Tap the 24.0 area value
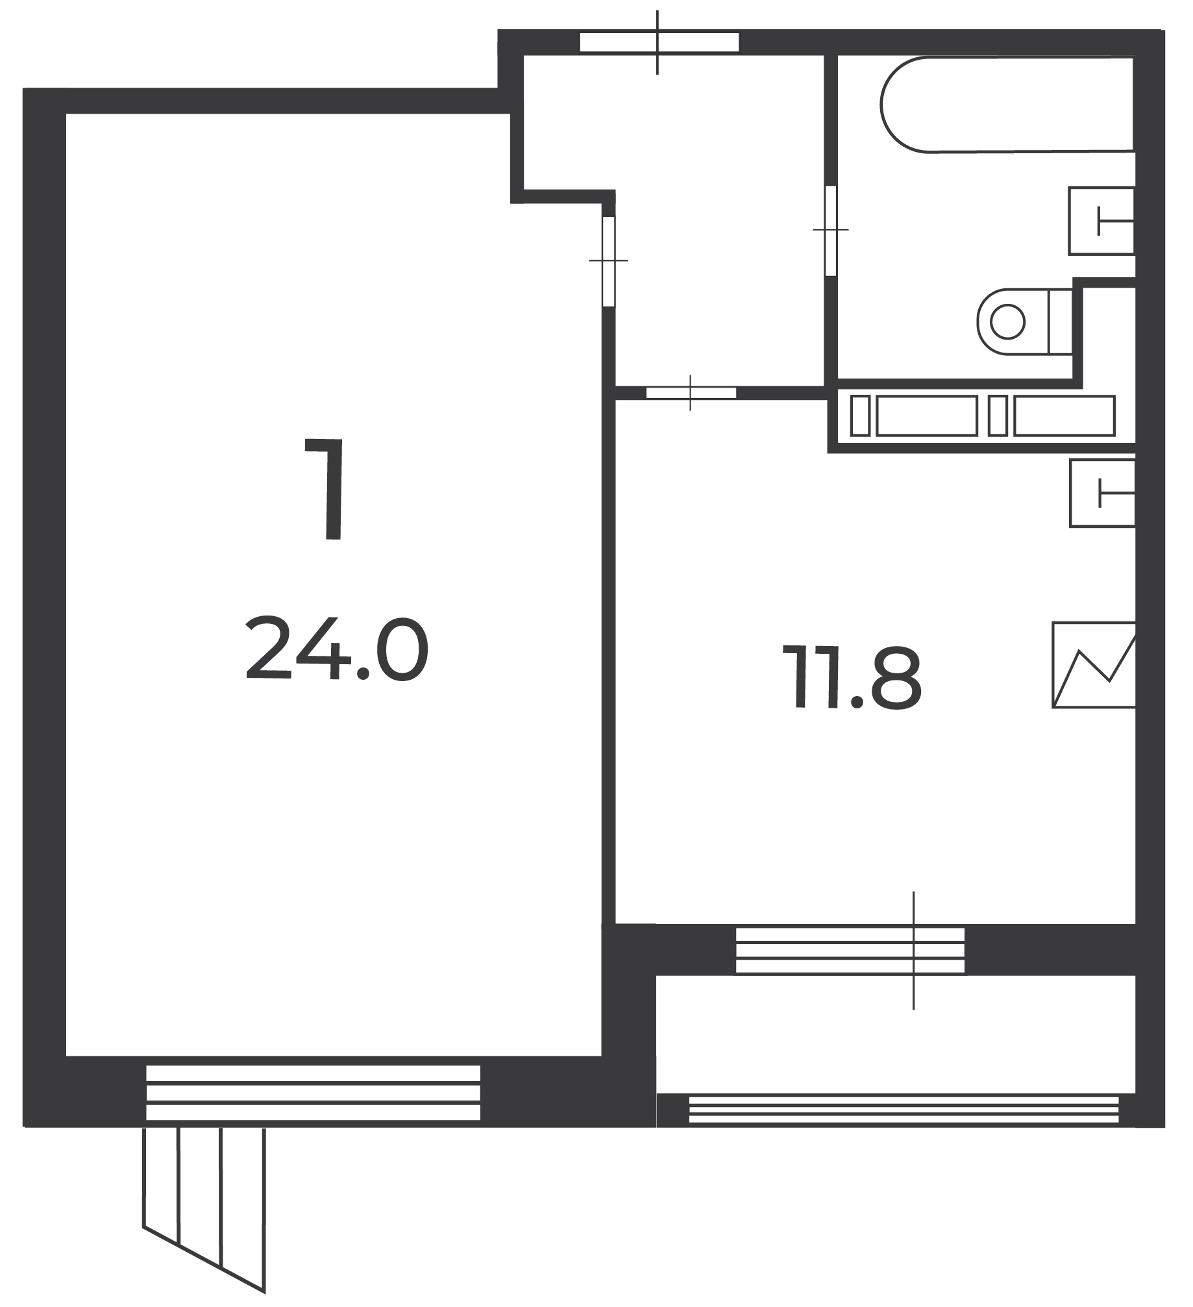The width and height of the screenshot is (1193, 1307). (337, 649)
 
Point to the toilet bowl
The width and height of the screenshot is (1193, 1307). (1013, 321)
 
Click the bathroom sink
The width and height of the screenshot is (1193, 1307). (1101, 221)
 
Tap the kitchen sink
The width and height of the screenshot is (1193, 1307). (1102, 493)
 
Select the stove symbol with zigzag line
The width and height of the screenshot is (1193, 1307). (1094, 665)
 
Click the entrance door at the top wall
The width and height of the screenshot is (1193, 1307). (659, 42)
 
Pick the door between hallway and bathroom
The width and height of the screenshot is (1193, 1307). (830, 230)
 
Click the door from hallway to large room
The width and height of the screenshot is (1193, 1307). (608, 260)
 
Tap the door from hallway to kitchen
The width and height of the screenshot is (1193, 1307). (691, 392)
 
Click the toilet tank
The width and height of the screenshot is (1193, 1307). (1061, 322)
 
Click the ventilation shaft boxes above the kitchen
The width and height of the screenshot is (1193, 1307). (983, 416)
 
